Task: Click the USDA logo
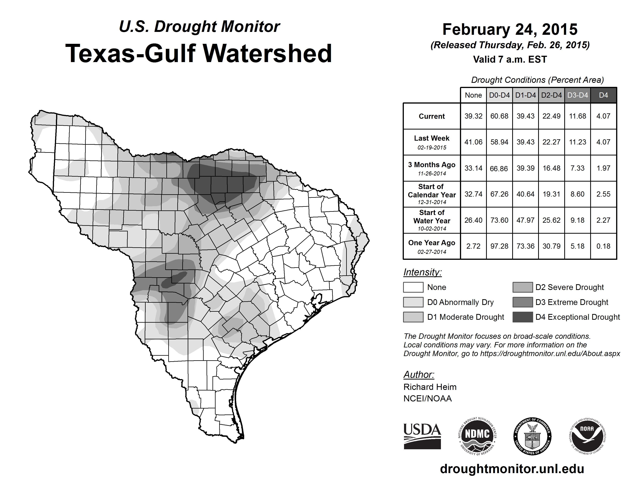tap(422, 436)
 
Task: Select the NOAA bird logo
tap(587, 436)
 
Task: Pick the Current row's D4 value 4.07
tap(603, 116)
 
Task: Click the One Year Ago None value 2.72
tap(473, 246)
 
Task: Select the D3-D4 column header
tap(577, 95)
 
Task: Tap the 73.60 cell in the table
tap(499, 220)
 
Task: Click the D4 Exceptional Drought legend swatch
tap(523, 317)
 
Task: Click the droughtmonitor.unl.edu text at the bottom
tap(512, 468)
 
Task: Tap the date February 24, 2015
tap(510, 30)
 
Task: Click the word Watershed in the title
tap(267, 53)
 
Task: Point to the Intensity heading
tap(422, 272)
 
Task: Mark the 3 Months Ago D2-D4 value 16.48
tap(551, 168)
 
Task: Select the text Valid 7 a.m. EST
tap(510, 60)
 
